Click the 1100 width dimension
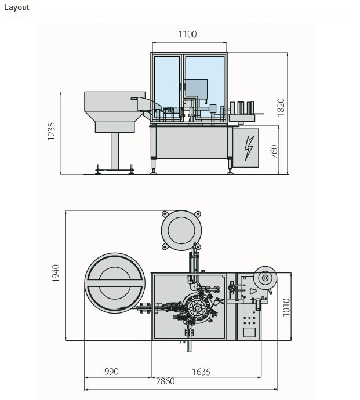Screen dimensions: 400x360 click(187, 34)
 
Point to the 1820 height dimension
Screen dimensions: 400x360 click(281, 107)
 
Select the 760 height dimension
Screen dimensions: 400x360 click(274, 152)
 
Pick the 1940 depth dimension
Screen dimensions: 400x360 click(56, 274)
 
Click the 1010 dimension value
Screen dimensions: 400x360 click(286, 307)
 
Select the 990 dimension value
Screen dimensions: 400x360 click(111, 372)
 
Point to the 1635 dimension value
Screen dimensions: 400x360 click(200, 372)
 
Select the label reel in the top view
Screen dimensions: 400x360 click(266, 279)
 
